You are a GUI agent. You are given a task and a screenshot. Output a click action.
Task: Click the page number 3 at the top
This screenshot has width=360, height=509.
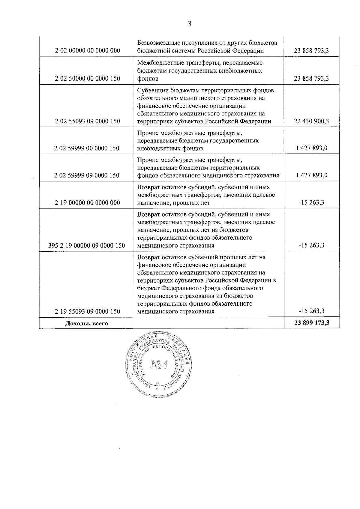[x=189, y=24]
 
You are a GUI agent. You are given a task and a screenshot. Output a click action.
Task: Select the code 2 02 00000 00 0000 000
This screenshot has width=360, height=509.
[x=87, y=51]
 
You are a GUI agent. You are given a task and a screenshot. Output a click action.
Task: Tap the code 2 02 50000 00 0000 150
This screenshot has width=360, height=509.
[x=87, y=79]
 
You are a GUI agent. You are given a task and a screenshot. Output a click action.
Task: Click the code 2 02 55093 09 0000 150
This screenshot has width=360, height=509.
[x=87, y=121]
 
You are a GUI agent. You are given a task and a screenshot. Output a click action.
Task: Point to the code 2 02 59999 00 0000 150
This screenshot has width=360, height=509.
[x=87, y=148]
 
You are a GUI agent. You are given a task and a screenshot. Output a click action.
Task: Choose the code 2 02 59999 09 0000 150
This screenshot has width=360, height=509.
[x=87, y=175]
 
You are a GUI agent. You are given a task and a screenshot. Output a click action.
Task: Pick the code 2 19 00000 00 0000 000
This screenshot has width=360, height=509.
[x=87, y=203]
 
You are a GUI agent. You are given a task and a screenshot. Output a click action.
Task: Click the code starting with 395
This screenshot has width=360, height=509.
[x=86, y=246]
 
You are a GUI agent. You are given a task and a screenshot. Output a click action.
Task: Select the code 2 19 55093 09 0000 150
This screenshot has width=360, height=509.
[x=87, y=311]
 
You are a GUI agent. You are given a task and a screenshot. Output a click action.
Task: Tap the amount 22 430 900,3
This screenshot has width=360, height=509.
[x=311, y=121]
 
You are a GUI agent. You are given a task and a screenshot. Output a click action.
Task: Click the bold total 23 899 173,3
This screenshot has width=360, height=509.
[x=312, y=323]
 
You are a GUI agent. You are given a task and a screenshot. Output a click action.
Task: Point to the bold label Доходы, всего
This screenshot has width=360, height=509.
[x=86, y=323]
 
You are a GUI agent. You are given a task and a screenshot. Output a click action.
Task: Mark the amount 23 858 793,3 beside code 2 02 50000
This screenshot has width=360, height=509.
[x=311, y=79]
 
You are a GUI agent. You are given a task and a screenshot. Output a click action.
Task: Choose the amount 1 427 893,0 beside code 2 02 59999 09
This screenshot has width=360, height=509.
[x=311, y=175]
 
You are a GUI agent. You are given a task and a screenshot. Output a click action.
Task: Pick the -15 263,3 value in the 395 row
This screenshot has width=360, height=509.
[x=311, y=246]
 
